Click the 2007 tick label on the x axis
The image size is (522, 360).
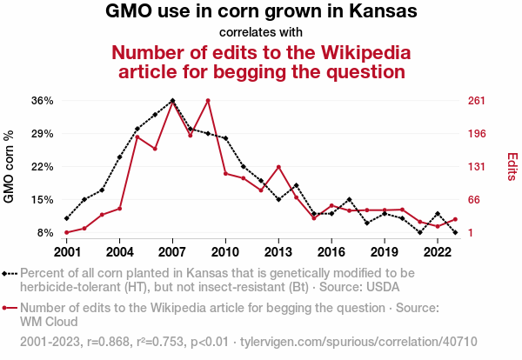click(x=172, y=251)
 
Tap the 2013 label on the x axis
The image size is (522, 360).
click(x=278, y=251)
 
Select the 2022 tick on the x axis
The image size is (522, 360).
click(x=438, y=251)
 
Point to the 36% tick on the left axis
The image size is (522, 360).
click(x=43, y=101)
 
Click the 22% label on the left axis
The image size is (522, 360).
click(x=43, y=167)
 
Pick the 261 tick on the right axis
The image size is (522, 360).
click(x=476, y=101)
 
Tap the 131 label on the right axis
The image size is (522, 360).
click(x=476, y=167)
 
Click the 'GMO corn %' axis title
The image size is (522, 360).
click(x=10, y=167)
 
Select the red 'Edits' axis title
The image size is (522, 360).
click(x=512, y=167)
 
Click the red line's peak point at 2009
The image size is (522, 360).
click(x=208, y=101)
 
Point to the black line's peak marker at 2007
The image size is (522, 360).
click(x=172, y=101)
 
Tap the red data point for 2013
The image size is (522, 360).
click(x=278, y=167)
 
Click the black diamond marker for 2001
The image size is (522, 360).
click(x=67, y=218)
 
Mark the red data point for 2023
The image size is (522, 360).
click(x=455, y=219)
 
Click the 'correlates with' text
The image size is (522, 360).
click(x=261, y=32)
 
